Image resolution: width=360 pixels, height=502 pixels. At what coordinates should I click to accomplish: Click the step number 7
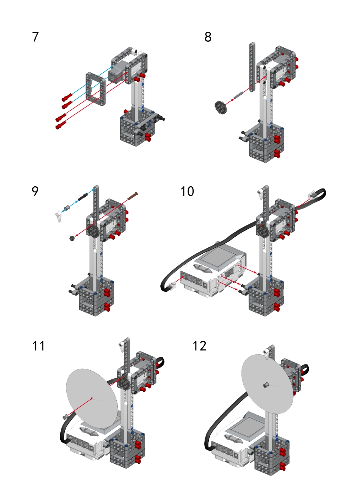point(36,37)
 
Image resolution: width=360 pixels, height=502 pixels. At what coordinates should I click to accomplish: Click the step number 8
point(208,37)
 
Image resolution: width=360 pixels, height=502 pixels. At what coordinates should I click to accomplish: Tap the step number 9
point(35,192)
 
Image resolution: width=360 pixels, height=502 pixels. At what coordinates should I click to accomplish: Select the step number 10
point(187,192)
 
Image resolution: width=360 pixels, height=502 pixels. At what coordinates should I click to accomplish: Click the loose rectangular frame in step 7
point(95,89)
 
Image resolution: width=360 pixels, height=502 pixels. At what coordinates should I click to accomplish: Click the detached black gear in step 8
point(221,107)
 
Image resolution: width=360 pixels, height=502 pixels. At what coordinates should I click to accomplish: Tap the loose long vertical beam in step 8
point(252,66)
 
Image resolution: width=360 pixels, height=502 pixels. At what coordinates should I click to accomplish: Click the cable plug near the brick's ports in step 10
point(172,287)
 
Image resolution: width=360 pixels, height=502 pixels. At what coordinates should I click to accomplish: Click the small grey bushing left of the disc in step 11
point(65,416)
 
